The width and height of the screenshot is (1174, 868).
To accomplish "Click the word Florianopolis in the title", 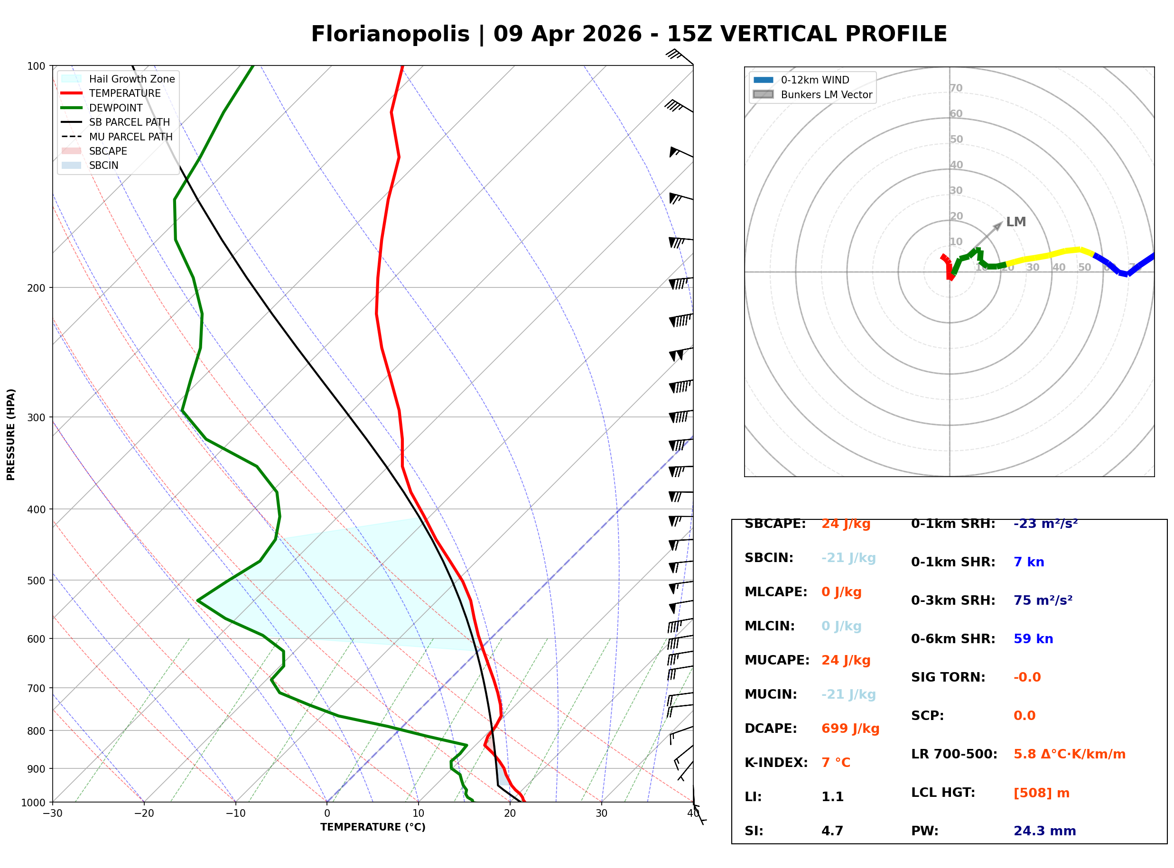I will coord(390,34).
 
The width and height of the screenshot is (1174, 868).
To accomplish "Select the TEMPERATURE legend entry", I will coord(124,93).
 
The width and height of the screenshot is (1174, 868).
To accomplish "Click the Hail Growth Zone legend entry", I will coord(131,79).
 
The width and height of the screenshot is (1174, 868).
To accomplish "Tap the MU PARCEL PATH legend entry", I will coord(130,137).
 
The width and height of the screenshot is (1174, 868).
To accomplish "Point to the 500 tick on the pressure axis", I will coord(36,581).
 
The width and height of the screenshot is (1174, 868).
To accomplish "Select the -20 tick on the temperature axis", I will coord(144,813).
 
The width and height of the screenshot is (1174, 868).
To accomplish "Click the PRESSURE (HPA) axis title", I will coord(11,434).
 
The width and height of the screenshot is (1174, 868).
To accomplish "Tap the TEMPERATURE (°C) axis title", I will coord(373,827).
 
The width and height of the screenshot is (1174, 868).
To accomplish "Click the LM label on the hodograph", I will coord(1016,222).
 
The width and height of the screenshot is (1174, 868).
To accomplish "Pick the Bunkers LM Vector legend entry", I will coord(826,94).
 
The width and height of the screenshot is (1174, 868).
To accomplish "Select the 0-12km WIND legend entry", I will coord(815,80).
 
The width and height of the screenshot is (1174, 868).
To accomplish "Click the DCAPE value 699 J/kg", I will coord(850,728).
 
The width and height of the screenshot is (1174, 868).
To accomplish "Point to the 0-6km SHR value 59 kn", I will coord(1033,639).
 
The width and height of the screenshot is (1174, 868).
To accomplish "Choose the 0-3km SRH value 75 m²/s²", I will coord(1043,600).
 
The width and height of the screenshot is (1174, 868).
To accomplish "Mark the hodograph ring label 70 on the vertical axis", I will coord(956,88).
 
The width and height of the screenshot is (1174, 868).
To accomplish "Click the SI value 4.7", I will coord(832,831).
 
